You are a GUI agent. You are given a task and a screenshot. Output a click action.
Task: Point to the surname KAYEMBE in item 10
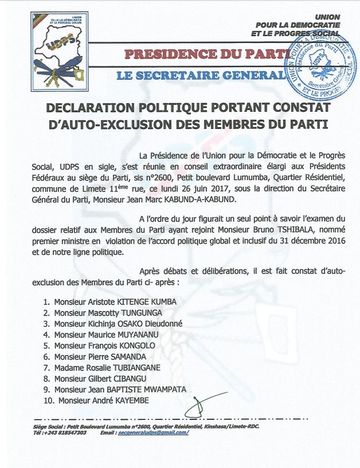click(x=134, y=400)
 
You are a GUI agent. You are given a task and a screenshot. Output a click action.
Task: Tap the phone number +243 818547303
click(x=65, y=432)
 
